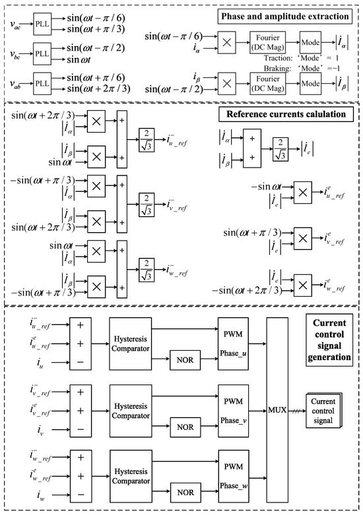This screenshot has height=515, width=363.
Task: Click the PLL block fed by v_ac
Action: tap(42, 24)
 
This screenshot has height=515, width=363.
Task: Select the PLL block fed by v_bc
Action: tap(42, 53)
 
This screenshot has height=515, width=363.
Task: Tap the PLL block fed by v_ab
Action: tap(42, 84)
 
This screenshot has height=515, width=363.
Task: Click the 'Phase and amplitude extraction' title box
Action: tap(284, 16)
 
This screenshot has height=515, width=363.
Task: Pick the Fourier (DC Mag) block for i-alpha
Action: tap(268, 42)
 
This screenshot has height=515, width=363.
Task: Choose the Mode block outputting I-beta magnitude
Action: tap(310, 84)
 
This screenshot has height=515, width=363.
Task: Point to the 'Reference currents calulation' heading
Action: tap(286, 114)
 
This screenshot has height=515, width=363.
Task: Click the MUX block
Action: tap(277, 410)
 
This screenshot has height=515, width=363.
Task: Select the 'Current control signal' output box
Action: tap(324, 411)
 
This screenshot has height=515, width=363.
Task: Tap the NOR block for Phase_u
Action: tap(185, 360)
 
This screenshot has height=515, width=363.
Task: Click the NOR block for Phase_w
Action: tap(185, 493)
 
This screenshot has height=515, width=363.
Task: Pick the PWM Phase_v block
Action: tap(234, 411)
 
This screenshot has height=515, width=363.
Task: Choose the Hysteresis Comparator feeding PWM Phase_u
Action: tap(131, 344)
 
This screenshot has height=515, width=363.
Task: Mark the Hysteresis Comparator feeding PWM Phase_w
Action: tap(131, 476)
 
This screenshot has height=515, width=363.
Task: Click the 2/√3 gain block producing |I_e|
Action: tap(280, 149)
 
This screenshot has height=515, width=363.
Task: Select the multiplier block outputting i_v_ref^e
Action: tap(302, 239)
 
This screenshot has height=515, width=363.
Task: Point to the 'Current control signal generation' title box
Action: tap(329, 340)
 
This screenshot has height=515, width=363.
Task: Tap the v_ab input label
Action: tap(15, 84)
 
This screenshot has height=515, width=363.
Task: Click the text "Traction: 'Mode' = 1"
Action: tap(301, 58)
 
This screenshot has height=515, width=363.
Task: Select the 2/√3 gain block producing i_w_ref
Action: tap(147, 270)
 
